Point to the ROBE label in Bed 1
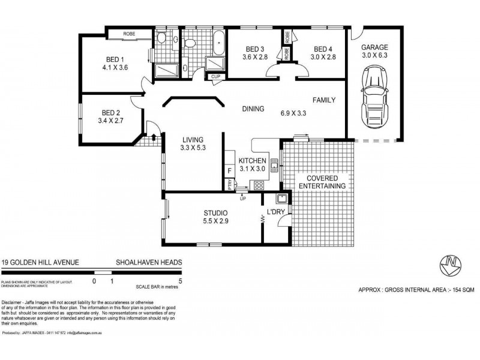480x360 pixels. click(129, 34)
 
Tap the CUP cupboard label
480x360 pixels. click(214, 76)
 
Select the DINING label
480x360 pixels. click(253, 109)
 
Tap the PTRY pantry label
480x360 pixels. click(230, 186)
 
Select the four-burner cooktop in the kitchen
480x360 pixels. click(259, 185)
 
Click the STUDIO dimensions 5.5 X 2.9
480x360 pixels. click(215, 221)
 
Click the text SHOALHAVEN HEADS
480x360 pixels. click(149, 262)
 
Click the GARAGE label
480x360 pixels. click(374, 47)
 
